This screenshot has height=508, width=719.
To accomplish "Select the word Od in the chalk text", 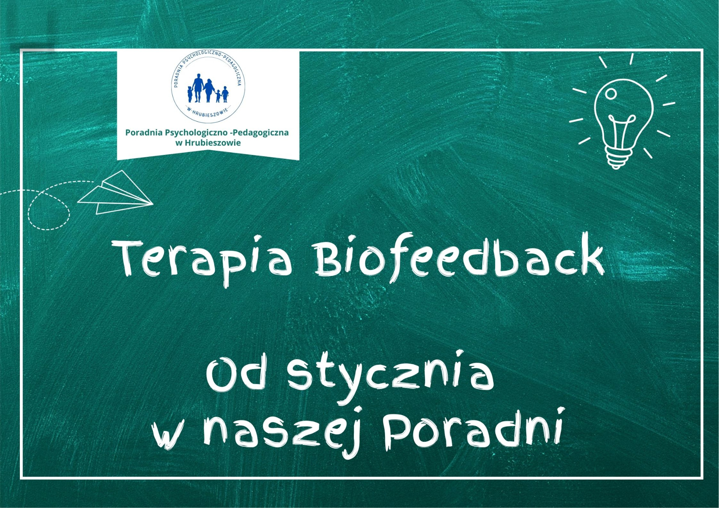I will (236, 374).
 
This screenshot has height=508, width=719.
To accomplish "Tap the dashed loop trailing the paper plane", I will (49, 210).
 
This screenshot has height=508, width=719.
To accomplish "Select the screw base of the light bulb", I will (620, 157).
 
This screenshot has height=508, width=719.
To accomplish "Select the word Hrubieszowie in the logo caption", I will (213, 143).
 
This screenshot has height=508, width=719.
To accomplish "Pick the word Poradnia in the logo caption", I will (144, 133).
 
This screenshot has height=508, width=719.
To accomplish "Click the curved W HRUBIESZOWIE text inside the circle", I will (207, 112).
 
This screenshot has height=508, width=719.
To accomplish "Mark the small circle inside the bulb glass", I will (611, 94).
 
